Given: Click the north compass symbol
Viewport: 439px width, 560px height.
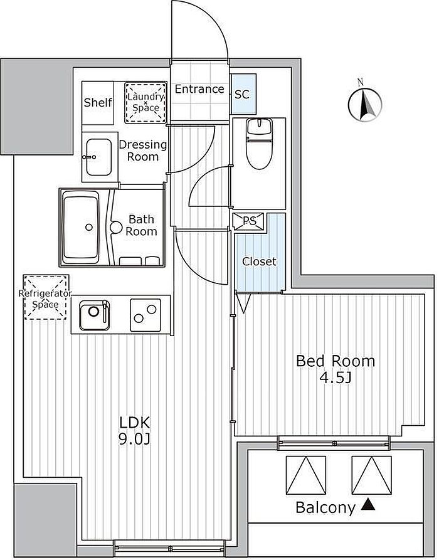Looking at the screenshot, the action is click(x=365, y=103).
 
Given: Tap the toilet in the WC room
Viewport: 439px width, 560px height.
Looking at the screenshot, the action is click(x=260, y=143).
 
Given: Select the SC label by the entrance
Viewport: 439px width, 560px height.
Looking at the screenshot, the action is click(x=242, y=94).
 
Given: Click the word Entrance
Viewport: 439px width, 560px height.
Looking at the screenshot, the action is click(x=199, y=89).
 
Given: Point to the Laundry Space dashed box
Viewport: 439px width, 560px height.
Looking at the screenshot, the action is click(x=145, y=102).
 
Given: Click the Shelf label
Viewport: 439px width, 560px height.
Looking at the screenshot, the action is click(x=98, y=102).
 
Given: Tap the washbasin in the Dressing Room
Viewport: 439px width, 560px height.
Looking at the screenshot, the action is click(x=98, y=157).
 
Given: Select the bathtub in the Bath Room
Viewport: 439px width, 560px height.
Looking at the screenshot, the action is click(x=81, y=227).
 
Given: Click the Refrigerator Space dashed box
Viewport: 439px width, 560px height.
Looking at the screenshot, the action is click(x=45, y=297).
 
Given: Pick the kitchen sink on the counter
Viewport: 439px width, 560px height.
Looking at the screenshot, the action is click(x=95, y=315).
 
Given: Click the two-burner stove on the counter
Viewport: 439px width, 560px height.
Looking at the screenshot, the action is click(x=145, y=315).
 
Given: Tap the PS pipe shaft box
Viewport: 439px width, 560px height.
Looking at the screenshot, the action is click(x=250, y=221).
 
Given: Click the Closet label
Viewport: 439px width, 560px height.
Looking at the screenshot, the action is click(x=260, y=262).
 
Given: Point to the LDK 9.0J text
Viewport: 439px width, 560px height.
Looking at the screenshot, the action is click(x=135, y=431).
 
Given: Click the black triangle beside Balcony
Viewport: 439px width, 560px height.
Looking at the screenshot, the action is click(x=368, y=505).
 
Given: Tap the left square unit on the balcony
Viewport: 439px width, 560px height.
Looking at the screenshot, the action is click(x=306, y=475).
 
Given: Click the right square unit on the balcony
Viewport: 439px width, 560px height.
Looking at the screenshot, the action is click(x=372, y=475).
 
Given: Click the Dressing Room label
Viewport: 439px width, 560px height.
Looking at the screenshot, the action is click(x=143, y=151).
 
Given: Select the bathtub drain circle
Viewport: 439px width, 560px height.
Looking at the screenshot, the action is click(x=89, y=227).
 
